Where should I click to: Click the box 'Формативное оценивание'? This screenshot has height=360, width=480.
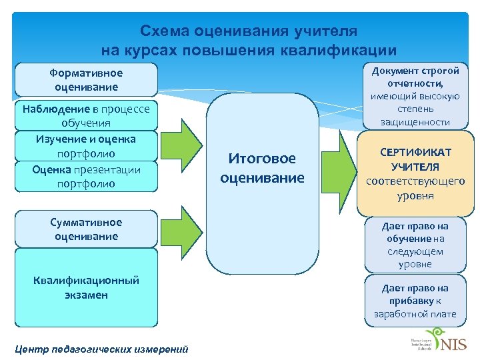point(86,80)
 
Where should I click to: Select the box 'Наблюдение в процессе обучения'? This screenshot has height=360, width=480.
point(86,115)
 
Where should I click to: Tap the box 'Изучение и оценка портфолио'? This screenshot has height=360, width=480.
point(86,146)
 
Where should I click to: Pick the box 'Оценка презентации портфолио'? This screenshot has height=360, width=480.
point(86,176)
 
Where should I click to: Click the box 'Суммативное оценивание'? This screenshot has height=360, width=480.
point(86,229)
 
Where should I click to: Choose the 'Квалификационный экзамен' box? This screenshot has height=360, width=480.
point(86,287)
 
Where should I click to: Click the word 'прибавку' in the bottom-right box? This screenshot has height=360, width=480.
point(411,301)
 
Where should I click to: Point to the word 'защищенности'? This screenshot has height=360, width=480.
point(415,122)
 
